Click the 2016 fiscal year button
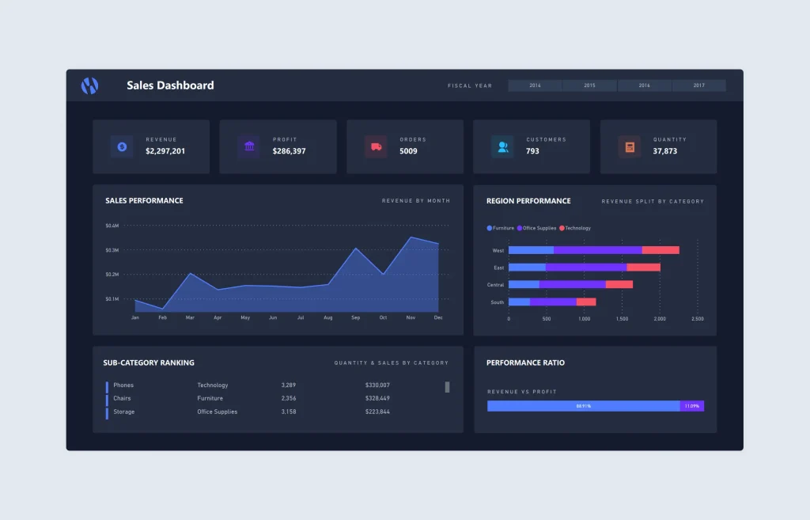click(645, 85)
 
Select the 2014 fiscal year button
click(535, 85)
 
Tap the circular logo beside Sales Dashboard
click(89, 85)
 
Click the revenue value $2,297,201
click(165, 151)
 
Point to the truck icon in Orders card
click(376, 146)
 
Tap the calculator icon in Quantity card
click(630, 146)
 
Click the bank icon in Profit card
click(249, 146)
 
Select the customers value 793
click(532, 151)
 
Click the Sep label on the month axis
click(355, 317)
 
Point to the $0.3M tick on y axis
click(112, 250)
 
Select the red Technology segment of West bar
click(660, 250)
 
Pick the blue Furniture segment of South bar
click(519, 302)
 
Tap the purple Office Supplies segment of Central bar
click(573, 284)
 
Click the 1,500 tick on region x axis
click(622, 318)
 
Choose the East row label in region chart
click(498, 268)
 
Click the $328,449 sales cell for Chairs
click(377, 398)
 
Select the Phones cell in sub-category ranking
click(123, 385)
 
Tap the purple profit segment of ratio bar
click(692, 406)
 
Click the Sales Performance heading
click(144, 201)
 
